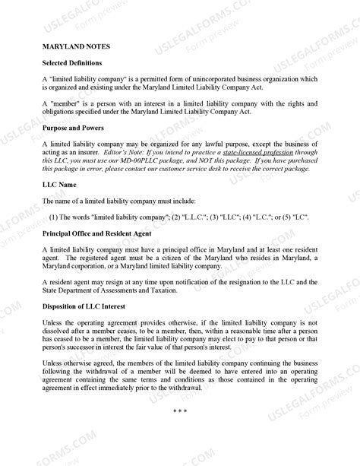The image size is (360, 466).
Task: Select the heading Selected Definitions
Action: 72,62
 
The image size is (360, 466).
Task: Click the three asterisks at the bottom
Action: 180,411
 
